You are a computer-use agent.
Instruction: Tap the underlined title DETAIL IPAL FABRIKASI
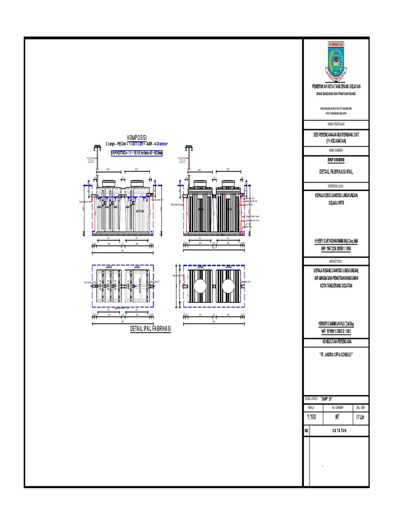(150, 328)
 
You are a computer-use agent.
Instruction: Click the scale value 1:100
(311, 417)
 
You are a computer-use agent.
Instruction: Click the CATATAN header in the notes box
(337, 431)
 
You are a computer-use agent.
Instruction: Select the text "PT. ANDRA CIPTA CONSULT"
(336, 353)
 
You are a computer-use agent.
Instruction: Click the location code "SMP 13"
(327, 398)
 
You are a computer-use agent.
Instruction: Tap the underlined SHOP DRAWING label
(336, 160)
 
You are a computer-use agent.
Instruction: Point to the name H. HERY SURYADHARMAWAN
(336, 239)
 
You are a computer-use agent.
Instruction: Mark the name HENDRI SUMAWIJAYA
(336, 323)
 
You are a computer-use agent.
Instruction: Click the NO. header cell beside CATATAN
(307, 431)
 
